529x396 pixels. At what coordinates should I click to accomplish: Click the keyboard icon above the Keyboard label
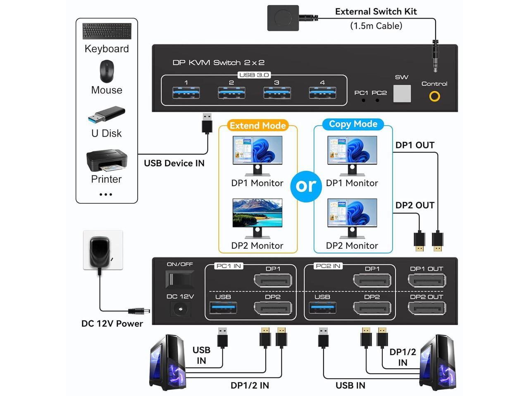tap(107, 31)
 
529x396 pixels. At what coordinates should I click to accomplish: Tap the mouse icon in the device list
tap(107, 71)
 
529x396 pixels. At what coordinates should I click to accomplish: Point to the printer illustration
tap(106, 161)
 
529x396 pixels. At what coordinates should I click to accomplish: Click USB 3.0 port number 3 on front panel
tap(277, 93)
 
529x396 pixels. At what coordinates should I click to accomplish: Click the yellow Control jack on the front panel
tap(434, 97)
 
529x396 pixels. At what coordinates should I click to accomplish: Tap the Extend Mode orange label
tap(257, 125)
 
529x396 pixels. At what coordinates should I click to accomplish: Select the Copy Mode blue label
tap(353, 124)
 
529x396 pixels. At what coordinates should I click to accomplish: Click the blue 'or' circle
tap(306, 186)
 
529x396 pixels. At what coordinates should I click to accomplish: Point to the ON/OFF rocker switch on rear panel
tap(179, 279)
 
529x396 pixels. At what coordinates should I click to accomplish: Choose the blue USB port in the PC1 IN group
tap(223, 308)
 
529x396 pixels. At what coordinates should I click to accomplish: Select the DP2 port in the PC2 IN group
tap(372, 308)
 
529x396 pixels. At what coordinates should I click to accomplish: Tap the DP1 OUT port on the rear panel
tap(427, 281)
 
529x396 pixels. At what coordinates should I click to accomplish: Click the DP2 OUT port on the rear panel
tap(427, 308)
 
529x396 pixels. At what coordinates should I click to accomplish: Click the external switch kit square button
tap(283, 18)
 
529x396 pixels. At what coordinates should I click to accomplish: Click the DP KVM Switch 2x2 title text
tap(218, 63)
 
